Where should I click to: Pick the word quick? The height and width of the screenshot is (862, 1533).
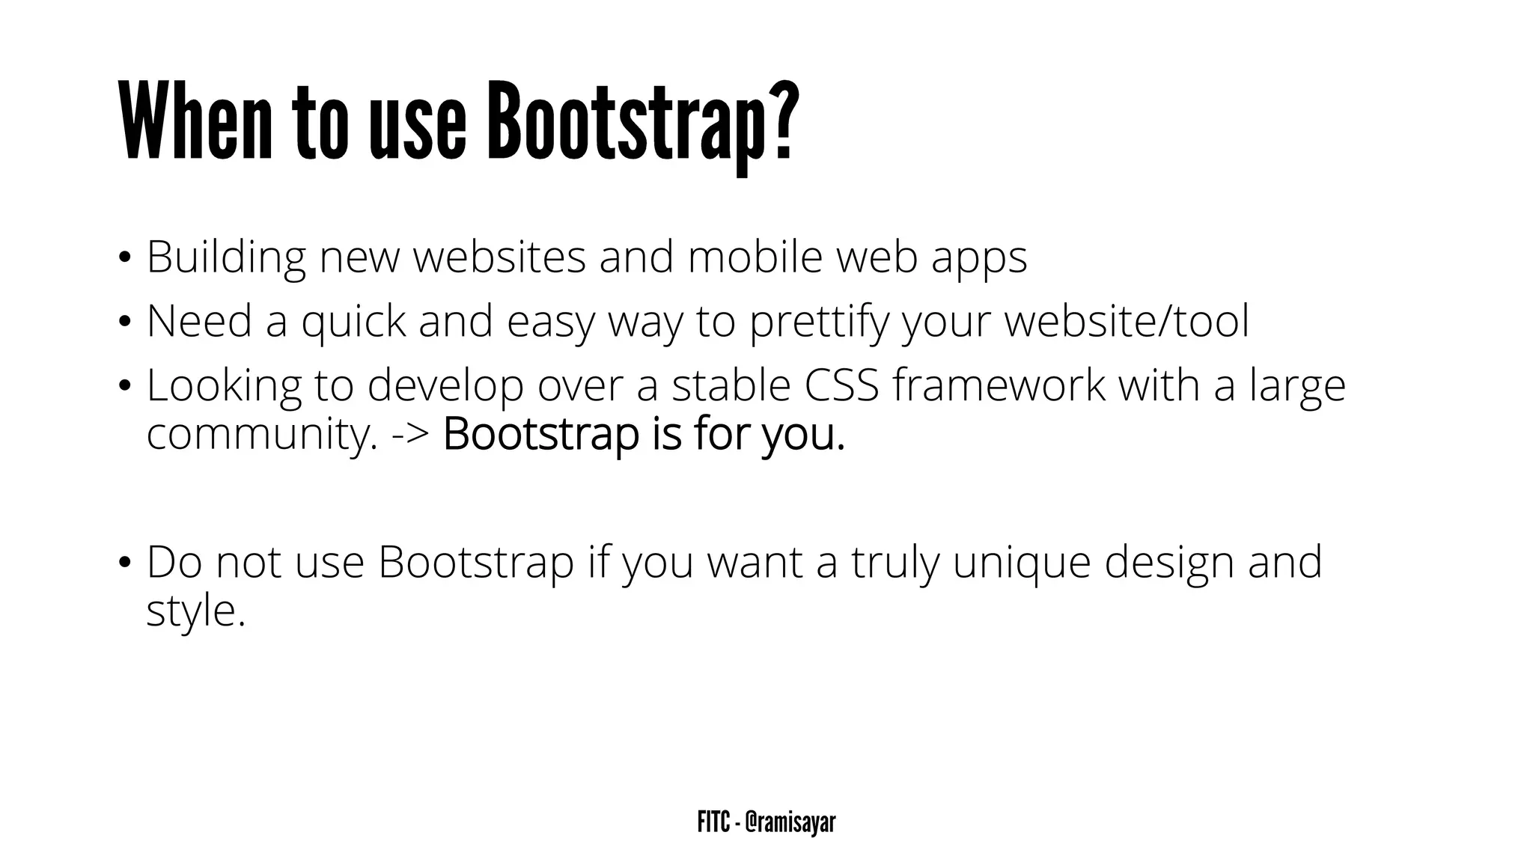point(353,323)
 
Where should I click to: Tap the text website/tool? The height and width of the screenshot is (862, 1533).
point(1127,321)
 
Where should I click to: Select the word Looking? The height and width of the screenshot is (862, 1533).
point(224,387)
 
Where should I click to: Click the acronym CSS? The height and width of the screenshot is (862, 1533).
point(841,385)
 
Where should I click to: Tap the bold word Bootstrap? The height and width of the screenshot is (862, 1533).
point(540,435)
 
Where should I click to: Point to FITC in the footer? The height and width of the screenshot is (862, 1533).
point(713,822)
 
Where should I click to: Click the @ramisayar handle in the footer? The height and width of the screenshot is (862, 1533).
point(790,822)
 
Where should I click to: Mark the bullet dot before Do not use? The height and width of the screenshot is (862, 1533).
point(124,563)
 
